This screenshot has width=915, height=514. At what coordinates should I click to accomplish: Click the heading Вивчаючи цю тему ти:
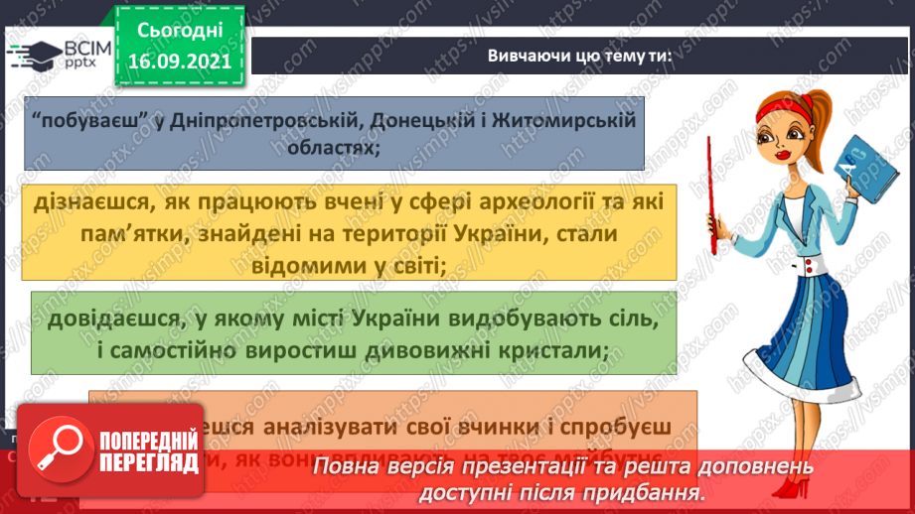[x=580, y=57]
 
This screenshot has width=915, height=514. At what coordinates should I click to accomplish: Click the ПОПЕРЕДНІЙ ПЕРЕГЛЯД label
[x=146, y=449]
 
